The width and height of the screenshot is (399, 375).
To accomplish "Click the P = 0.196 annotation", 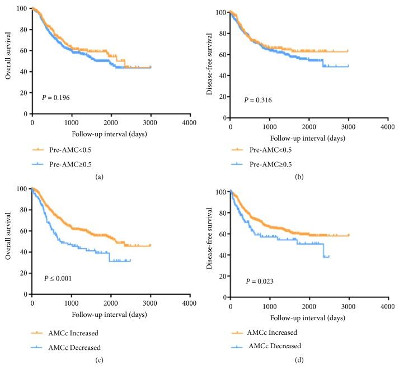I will pyautogui.click(x=56, y=97).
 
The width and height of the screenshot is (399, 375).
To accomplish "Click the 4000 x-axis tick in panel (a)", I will pyautogui.click(x=189, y=122).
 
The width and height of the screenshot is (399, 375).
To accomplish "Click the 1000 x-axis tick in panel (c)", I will pyautogui.click(x=71, y=302).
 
